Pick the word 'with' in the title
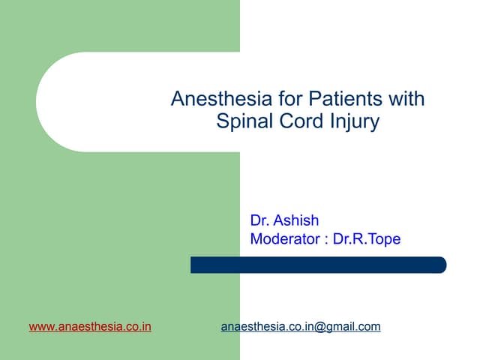(x=406, y=99)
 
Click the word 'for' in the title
(x=275, y=99)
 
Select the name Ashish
(x=296, y=220)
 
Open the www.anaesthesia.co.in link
(x=90, y=327)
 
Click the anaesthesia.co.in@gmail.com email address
(x=301, y=327)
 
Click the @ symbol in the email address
(x=319, y=327)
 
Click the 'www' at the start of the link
(x=41, y=327)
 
